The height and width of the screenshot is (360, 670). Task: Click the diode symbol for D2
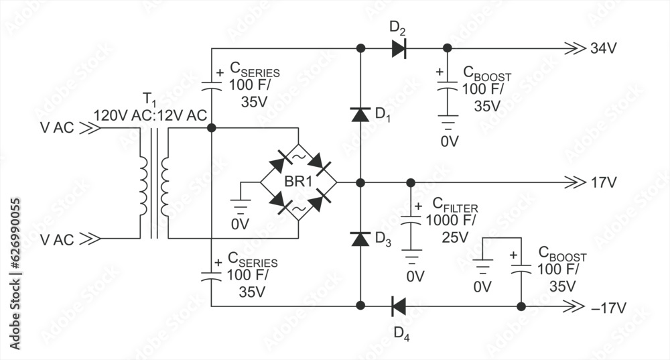399,48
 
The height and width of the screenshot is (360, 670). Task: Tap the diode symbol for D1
360,115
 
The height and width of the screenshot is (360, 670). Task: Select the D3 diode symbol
360,239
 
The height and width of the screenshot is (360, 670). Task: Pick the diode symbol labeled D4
399,306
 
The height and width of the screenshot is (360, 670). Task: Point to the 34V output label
604,48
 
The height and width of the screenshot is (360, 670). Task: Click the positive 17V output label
604,182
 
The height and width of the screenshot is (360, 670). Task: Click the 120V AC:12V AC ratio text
150,115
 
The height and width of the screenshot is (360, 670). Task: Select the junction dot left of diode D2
360,48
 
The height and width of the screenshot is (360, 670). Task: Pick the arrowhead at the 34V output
574,48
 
